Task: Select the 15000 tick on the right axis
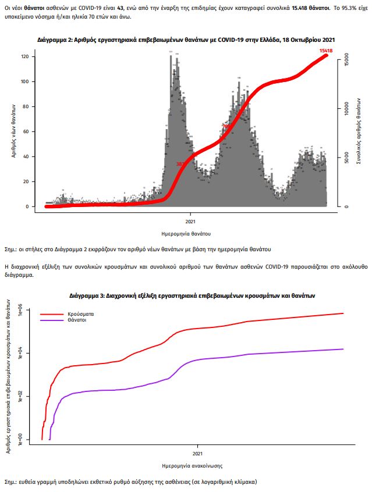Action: coord(345,60)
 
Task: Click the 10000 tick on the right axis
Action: coord(345,109)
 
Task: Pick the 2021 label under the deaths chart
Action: coord(190,221)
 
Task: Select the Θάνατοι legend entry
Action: coord(71,320)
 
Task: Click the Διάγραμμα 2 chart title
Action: coord(186,40)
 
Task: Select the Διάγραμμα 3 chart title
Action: coord(192,295)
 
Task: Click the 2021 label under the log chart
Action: coord(198,453)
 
